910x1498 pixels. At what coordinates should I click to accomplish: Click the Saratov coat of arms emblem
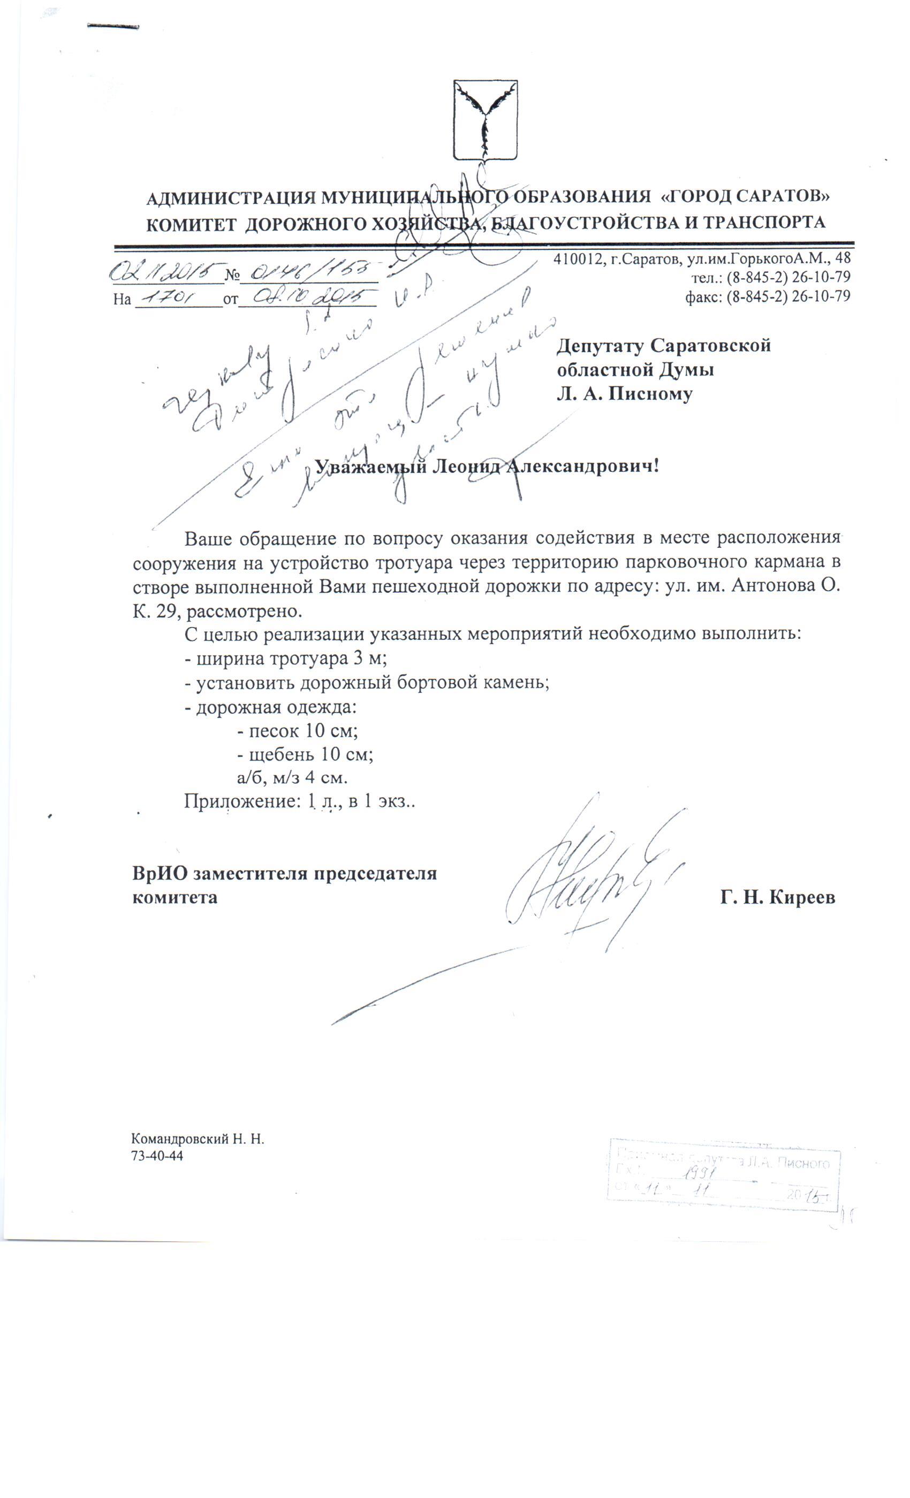(x=485, y=120)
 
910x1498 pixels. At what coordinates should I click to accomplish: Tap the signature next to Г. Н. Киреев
(x=584, y=882)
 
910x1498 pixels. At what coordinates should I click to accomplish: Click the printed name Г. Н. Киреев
(x=777, y=897)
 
